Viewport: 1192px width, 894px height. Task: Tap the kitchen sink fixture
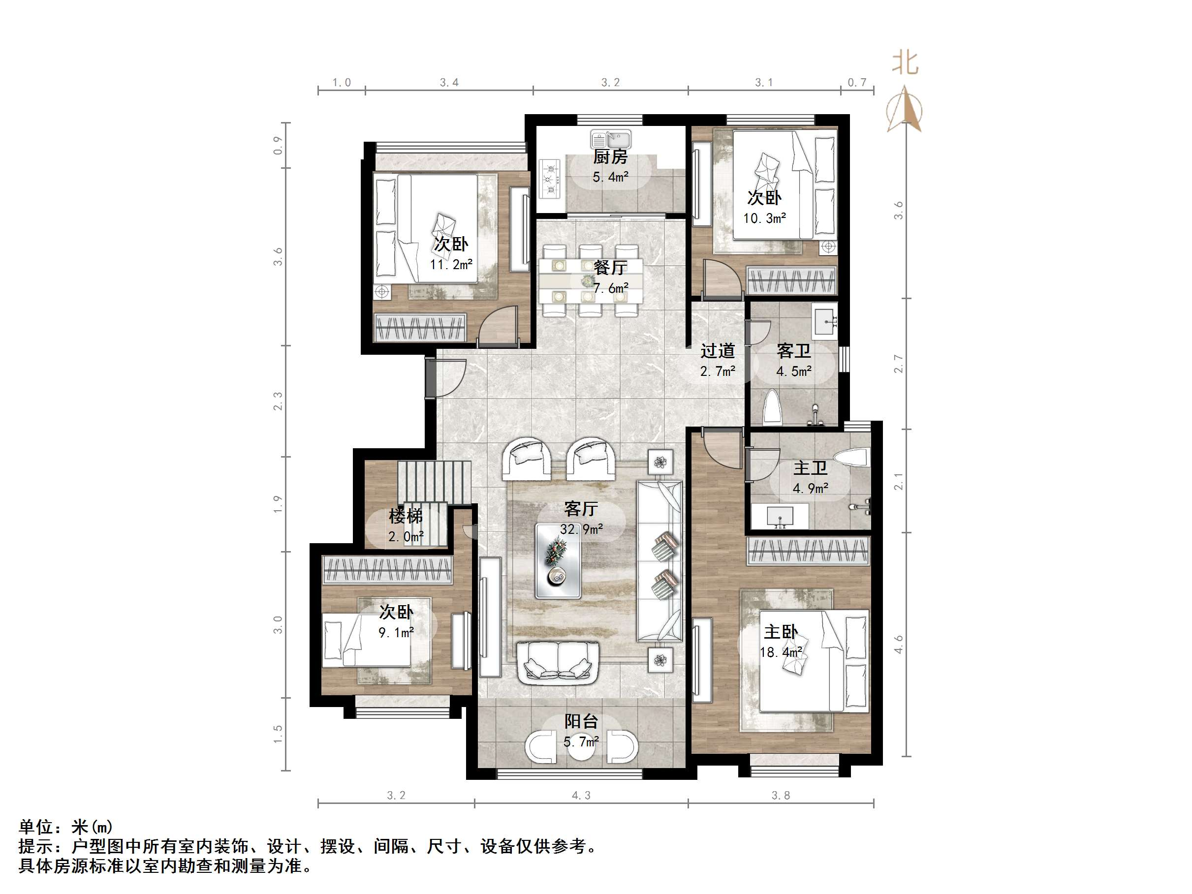pyautogui.click(x=611, y=140)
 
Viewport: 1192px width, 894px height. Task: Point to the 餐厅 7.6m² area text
pyautogui.click(x=611, y=288)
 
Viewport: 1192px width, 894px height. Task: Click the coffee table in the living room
pyautogui.click(x=558, y=561)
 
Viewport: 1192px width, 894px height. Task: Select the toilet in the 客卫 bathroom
pyautogui.click(x=773, y=407)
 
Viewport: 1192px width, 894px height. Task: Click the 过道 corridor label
pyautogui.click(x=717, y=351)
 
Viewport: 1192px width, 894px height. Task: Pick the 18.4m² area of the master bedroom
pyautogui.click(x=781, y=652)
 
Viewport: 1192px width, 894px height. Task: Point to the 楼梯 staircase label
pyautogui.click(x=405, y=516)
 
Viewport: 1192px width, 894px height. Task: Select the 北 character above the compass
pyautogui.click(x=905, y=63)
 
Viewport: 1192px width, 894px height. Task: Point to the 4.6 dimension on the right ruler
pyautogui.click(x=898, y=644)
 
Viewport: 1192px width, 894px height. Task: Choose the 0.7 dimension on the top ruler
pyautogui.click(x=857, y=83)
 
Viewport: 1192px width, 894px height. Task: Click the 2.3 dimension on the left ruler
pyautogui.click(x=278, y=401)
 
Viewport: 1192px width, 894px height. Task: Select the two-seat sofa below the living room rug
pyautogui.click(x=558, y=662)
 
